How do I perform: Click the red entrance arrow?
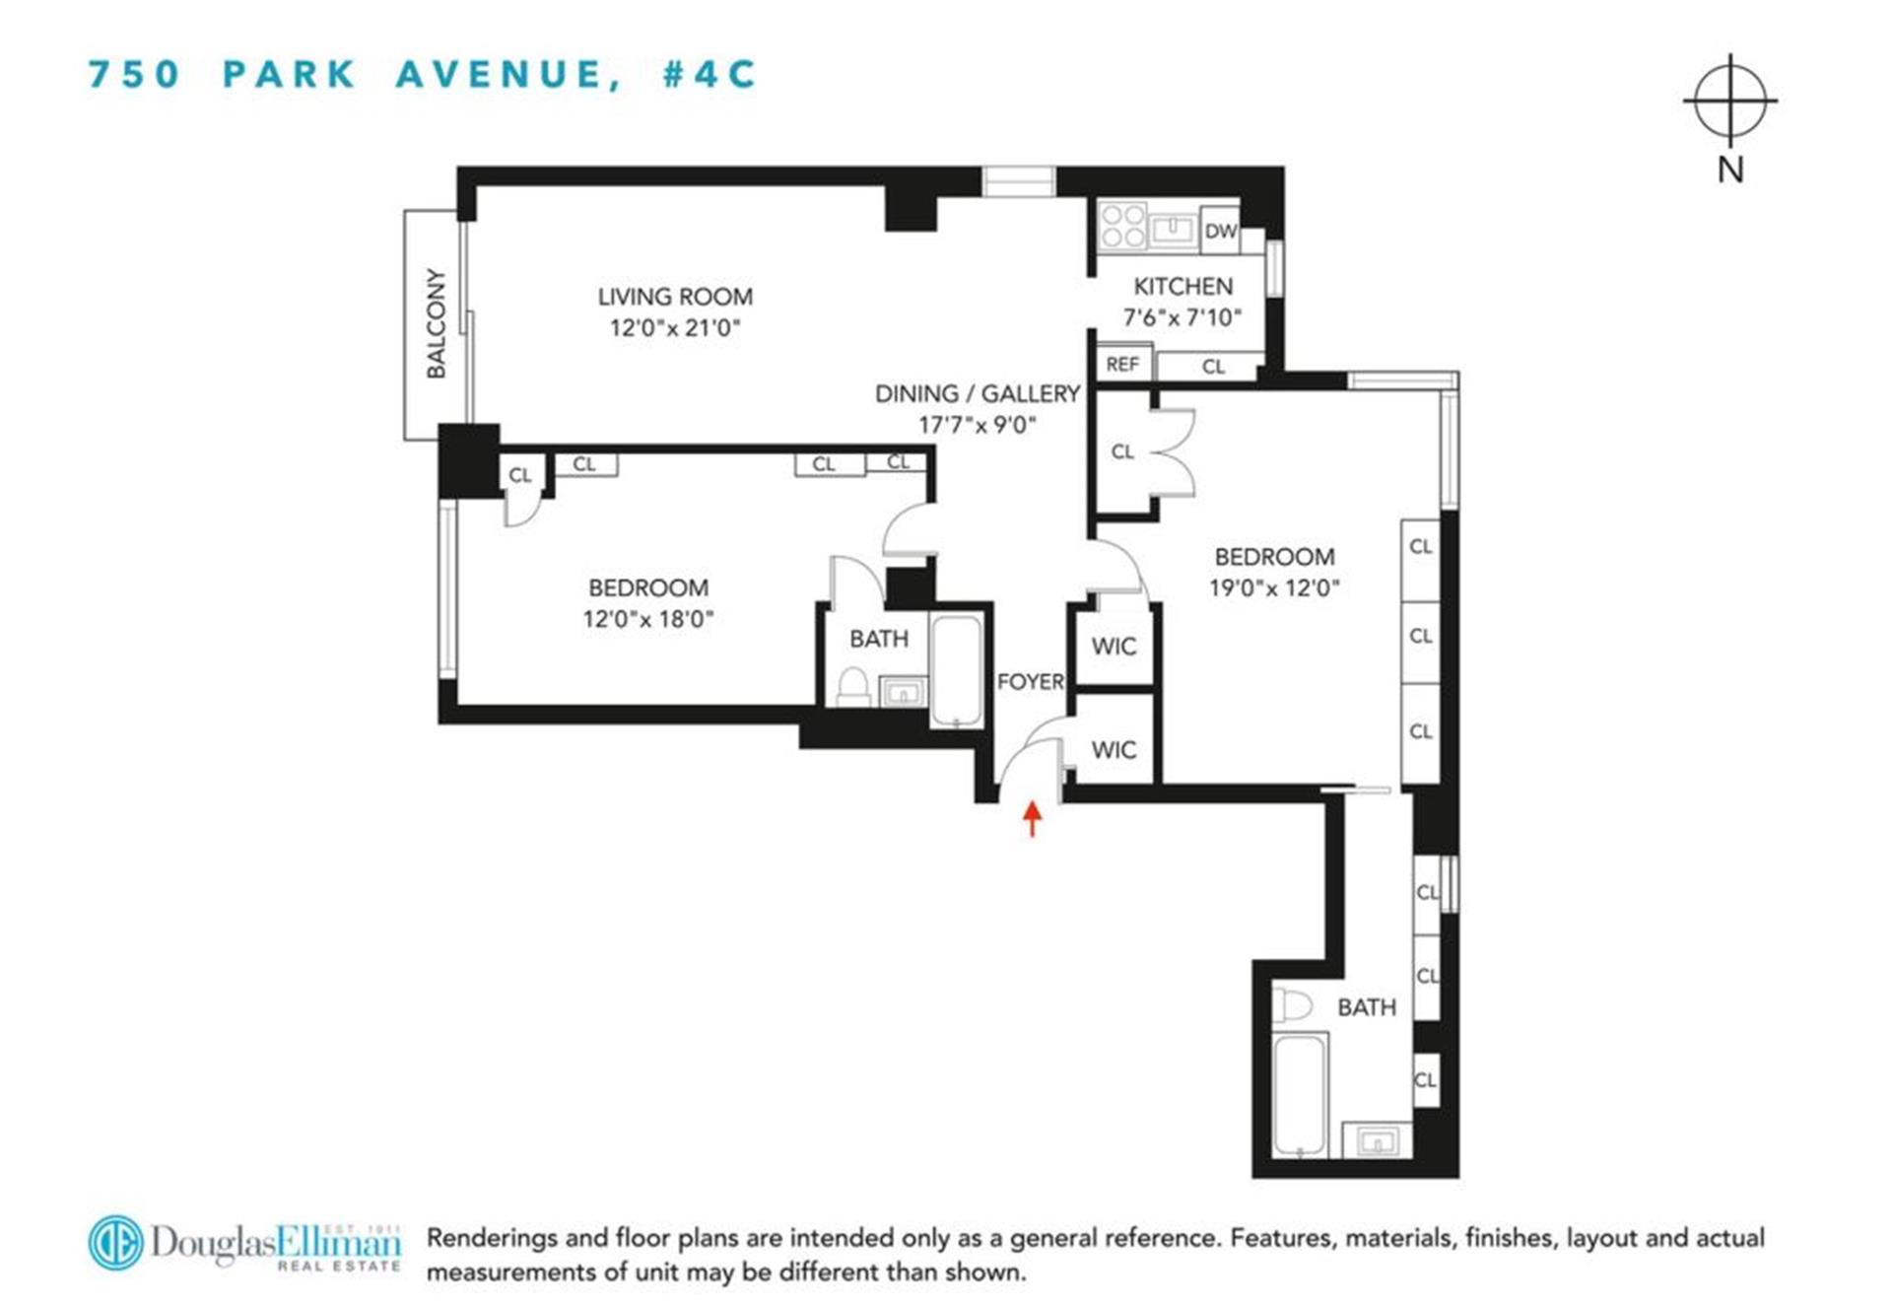point(1032,817)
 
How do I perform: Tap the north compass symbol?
point(1730,101)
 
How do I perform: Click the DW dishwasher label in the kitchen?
point(1220,231)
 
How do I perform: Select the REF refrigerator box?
point(1122,365)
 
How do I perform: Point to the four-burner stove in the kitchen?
point(1123,226)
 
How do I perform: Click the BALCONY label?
point(436,323)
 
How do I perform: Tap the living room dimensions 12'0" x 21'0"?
point(675,328)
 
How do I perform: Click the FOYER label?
point(1031,681)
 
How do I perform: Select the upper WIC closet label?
point(1114,647)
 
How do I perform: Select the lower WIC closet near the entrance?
point(1114,750)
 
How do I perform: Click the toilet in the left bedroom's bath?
point(852,686)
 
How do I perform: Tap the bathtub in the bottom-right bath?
point(1300,1094)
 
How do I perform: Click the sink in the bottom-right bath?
point(1377,1141)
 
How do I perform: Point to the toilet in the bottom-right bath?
point(1292,1006)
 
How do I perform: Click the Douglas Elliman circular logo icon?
point(115,1242)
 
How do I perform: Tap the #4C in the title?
point(709,75)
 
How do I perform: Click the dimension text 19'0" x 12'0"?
point(1274,588)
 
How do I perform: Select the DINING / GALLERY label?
point(978,394)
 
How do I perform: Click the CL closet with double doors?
point(1123,451)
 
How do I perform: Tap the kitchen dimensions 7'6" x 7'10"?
point(1182,317)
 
